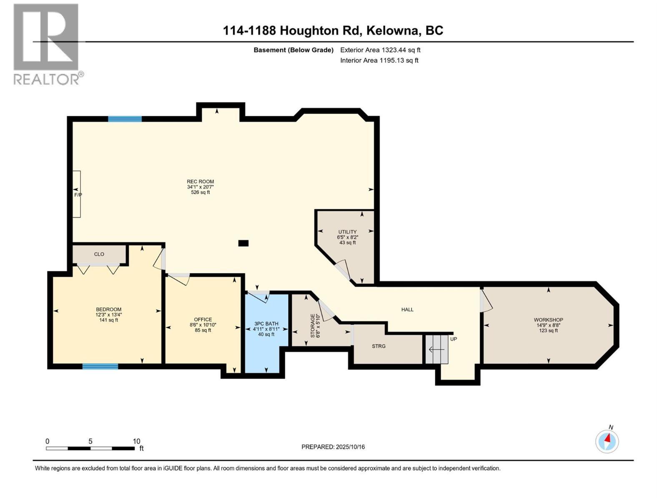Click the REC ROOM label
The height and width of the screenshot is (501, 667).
click(200, 182)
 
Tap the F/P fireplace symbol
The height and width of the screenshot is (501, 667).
click(77, 195)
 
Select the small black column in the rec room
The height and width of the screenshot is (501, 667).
click(243, 243)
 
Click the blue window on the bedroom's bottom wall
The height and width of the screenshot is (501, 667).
click(100, 367)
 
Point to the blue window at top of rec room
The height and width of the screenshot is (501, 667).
click(125, 119)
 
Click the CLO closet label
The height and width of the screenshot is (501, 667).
click(99, 254)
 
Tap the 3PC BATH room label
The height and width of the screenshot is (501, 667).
click(266, 324)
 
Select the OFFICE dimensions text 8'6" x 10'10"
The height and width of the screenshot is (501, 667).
click(203, 325)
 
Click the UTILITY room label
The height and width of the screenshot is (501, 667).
click(347, 232)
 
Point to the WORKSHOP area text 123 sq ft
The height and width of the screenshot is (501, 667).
click(548, 331)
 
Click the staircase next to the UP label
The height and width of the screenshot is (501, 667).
click(436, 349)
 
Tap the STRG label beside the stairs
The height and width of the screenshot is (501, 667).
click(379, 346)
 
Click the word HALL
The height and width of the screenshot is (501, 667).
click(407, 309)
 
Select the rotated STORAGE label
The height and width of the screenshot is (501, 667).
click(313, 326)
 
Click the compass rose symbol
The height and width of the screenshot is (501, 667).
click(607, 441)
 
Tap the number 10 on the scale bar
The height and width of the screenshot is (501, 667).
click(136, 441)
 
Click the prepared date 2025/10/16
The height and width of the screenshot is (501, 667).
click(350, 447)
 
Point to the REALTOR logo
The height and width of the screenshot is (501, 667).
click(47, 44)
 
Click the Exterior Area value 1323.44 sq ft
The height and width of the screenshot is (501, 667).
click(401, 50)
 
